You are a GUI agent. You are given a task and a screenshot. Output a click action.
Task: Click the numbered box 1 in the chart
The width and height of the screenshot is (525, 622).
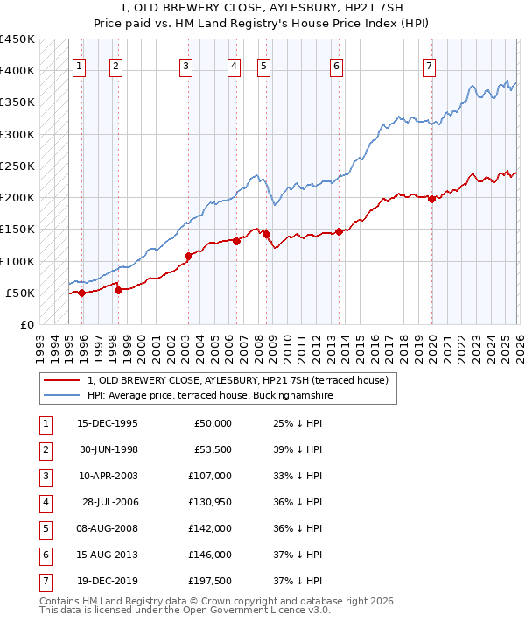[x=80, y=65]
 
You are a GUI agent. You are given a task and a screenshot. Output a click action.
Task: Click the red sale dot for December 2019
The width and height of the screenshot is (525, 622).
[x=431, y=199]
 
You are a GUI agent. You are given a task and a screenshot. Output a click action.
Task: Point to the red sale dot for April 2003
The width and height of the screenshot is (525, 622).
[x=188, y=257]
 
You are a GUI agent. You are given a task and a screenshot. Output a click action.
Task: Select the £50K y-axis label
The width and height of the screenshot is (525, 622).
[x=21, y=293]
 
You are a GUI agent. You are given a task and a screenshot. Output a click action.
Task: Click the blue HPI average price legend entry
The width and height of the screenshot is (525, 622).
[x=209, y=395]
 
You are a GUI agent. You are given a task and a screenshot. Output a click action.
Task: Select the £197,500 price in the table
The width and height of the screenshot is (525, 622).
[x=210, y=581]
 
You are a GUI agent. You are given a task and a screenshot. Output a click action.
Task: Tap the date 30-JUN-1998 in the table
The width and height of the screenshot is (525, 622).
[x=108, y=449]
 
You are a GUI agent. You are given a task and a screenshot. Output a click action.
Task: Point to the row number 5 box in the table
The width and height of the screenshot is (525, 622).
[x=45, y=528]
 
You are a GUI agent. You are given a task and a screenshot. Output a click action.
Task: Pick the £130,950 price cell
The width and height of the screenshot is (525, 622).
[x=210, y=502]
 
